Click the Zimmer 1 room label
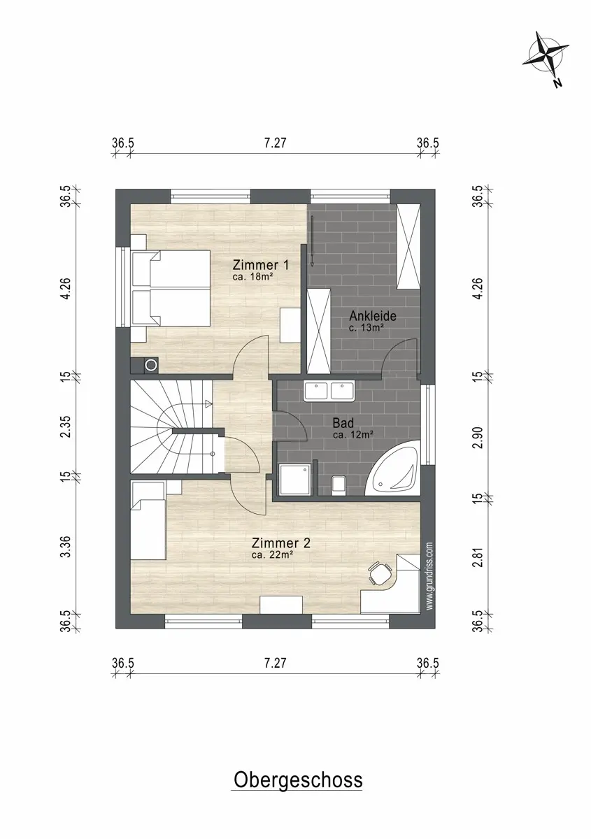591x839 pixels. pyautogui.click(x=260, y=265)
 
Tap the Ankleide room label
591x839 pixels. pyautogui.click(x=373, y=316)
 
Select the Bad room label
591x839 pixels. pyautogui.click(x=343, y=423)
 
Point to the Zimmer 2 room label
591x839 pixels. pyautogui.click(x=281, y=543)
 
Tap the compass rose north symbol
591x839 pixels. pyautogui.click(x=547, y=60)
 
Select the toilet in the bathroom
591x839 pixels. pyautogui.click(x=338, y=485)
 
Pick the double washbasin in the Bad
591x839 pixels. pyautogui.click(x=329, y=392)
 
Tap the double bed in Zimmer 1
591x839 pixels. pyautogui.click(x=171, y=288)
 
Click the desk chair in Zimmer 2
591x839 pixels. pyautogui.click(x=380, y=573)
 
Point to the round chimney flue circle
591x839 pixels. pyautogui.click(x=151, y=365)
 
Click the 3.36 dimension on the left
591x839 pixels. pyautogui.click(x=66, y=547)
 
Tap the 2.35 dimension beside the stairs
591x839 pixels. pyautogui.click(x=66, y=426)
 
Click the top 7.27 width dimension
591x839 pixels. pyautogui.click(x=275, y=143)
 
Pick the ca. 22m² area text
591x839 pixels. pyautogui.click(x=273, y=555)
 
